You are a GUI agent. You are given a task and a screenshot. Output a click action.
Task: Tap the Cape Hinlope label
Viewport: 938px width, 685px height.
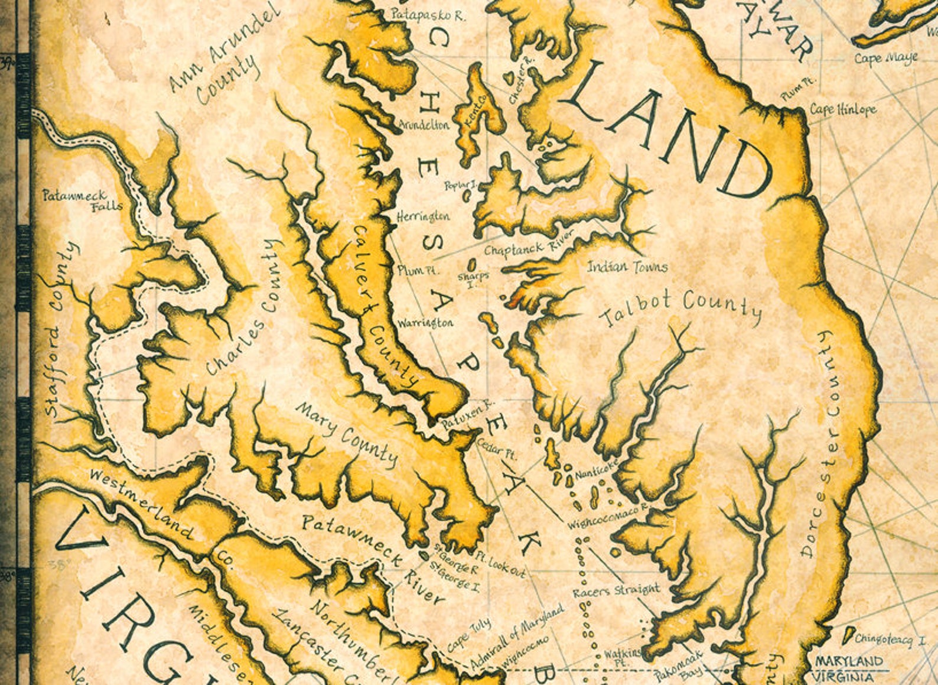click(x=843, y=109)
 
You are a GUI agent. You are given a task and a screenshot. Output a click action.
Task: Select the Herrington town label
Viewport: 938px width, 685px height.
click(x=423, y=216)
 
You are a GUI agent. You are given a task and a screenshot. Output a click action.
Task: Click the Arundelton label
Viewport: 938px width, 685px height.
click(x=424, y=125)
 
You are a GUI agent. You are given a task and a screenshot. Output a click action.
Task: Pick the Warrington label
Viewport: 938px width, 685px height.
click(x=425, y=323)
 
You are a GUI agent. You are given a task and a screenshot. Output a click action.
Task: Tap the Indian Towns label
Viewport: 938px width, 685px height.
click(x=627, y=267)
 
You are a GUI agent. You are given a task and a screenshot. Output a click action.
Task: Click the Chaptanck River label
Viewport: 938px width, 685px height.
click(x=529, y=245)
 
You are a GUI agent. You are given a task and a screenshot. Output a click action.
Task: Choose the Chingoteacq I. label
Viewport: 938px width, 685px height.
click(x=891, y=639)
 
